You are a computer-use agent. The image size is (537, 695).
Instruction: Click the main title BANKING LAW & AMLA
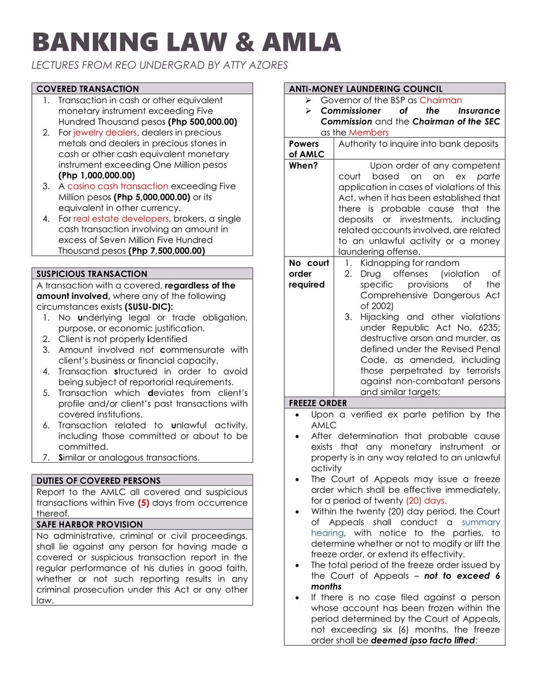pos(186,43)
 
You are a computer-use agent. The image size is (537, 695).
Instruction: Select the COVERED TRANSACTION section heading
pos(87,89)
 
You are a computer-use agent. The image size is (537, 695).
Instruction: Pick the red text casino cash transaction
pos(118,186)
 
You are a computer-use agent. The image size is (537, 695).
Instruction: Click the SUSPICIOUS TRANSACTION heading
pos(92,273)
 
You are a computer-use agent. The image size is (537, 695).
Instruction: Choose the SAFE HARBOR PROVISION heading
pos(90,524)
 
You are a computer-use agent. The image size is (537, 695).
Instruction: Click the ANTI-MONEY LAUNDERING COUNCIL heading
pos(366,89)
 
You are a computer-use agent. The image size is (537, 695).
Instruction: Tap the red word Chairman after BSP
pos(441,100)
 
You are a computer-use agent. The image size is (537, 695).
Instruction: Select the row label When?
pos(302,165)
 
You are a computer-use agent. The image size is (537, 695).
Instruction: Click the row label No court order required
pos(309,273)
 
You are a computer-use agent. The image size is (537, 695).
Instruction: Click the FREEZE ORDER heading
pos(318,403)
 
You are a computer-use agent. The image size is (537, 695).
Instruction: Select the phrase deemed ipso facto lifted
pos(422,641)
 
